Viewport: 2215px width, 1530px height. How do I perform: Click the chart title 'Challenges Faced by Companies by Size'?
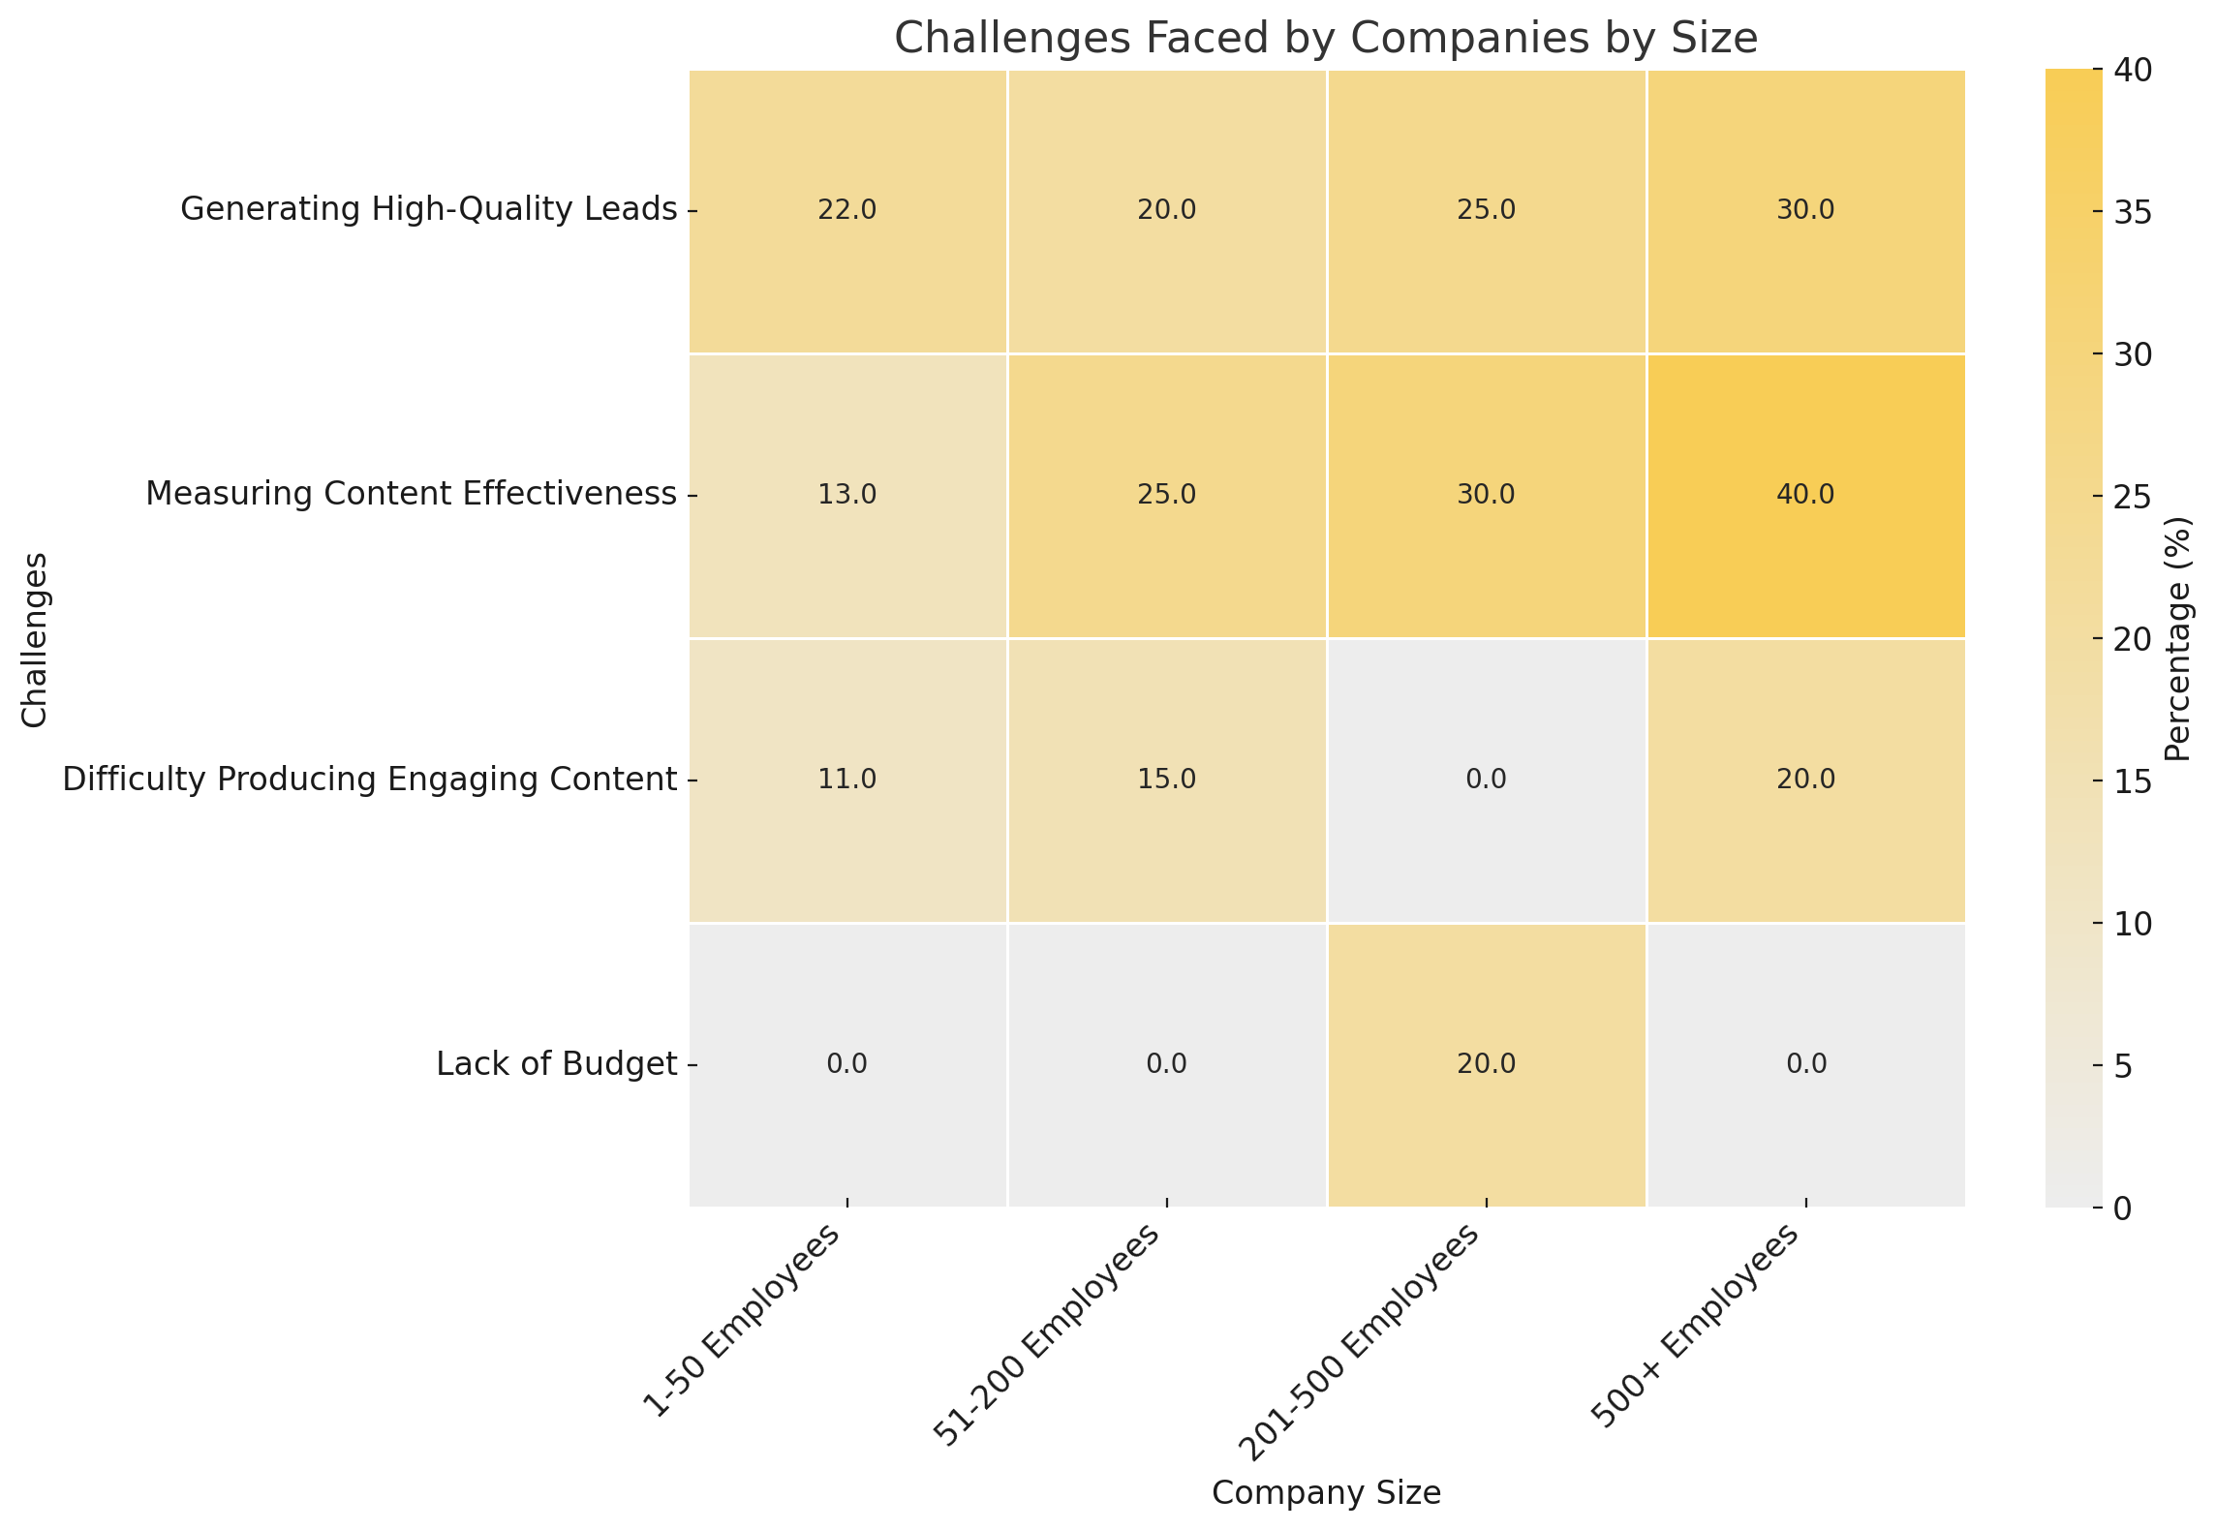click(1325, 39)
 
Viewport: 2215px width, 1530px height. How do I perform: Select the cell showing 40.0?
click(1805, 495)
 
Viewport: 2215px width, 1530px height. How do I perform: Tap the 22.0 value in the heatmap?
click(847, 210)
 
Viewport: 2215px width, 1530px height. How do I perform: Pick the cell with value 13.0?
click(847, 495)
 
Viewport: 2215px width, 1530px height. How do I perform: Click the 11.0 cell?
click(847, 780)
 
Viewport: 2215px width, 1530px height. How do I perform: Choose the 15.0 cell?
click(1166, 780)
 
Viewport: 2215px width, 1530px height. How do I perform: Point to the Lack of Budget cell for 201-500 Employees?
click(1486, 1064)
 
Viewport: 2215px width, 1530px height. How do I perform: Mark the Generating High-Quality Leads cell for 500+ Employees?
click(1805, 210)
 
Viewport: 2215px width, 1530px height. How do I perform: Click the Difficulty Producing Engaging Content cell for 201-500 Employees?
click(1486, 780)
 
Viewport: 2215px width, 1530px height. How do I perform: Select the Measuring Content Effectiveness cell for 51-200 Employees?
click(1166, 495)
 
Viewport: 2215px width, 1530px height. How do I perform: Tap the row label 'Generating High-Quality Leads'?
click(428, 209)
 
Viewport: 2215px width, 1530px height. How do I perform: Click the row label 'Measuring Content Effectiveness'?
click(411, 494)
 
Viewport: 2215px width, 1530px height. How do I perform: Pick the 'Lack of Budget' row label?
click(556, 1064)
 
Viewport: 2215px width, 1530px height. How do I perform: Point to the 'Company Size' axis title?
click(1326, 1492)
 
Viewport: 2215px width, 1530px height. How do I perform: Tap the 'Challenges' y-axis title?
click(35, 639)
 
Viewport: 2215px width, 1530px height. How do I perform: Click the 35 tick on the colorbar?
click(2119, 213)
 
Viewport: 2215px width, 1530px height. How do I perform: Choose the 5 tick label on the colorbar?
click(2107, 1066)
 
